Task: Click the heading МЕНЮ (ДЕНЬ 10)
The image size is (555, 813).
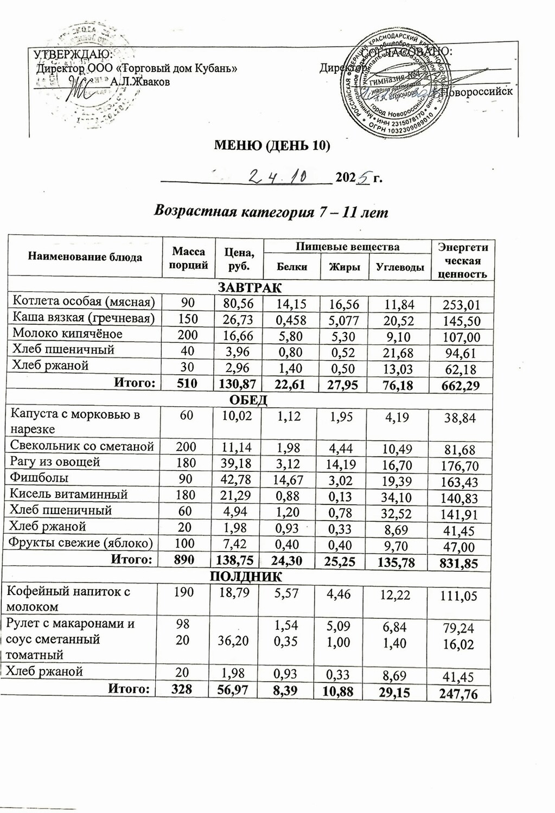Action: (x=272, y=145)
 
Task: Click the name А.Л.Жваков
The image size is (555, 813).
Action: (x=140, y=82)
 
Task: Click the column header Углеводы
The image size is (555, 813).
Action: (x=400, y=267)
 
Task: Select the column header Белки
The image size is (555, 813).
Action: (x=292, y=267)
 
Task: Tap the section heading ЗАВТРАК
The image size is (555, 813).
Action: (x=250, y=287)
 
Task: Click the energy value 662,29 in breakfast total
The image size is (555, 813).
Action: (x=462, y=386)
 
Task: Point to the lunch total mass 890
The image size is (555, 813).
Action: (x=184, y=559)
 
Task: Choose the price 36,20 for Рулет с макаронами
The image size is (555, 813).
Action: (x=234, y=641)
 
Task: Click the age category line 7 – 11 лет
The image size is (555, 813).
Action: (x=271, y=212)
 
